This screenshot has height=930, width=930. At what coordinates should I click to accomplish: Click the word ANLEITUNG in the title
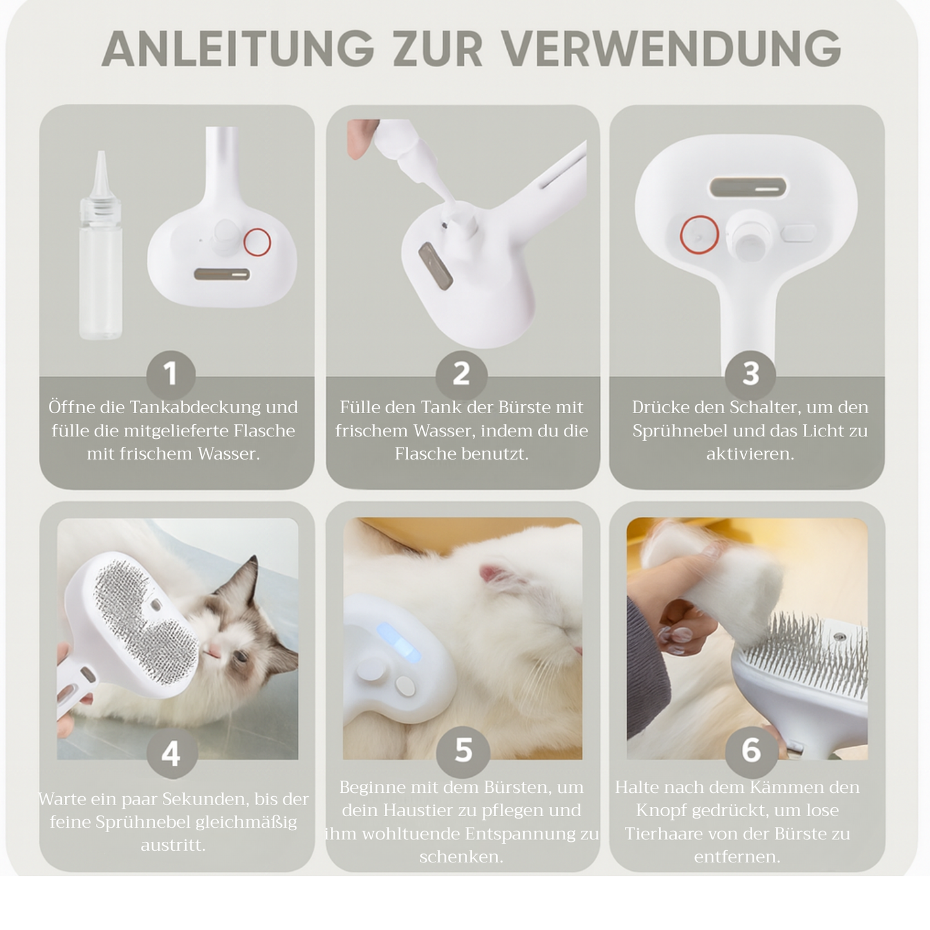click(x=237, y=49)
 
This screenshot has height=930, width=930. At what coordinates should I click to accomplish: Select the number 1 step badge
click(x=171, y=374)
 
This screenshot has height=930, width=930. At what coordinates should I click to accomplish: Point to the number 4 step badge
click(x=171, y=753)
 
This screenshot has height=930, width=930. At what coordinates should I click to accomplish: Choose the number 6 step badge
click(x=750, y=750)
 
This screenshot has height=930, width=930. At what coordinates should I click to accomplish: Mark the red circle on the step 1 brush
click(x=257, y=242)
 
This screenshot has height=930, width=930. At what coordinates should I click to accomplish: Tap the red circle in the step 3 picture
click(x=699, y=235)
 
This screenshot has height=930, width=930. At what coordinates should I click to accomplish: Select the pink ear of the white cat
click(x=492, y=573)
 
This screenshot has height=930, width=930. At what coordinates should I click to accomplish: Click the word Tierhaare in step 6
click(x=664, y=834)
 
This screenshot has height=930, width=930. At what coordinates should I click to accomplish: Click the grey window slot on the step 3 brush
click(x=747, y=188)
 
